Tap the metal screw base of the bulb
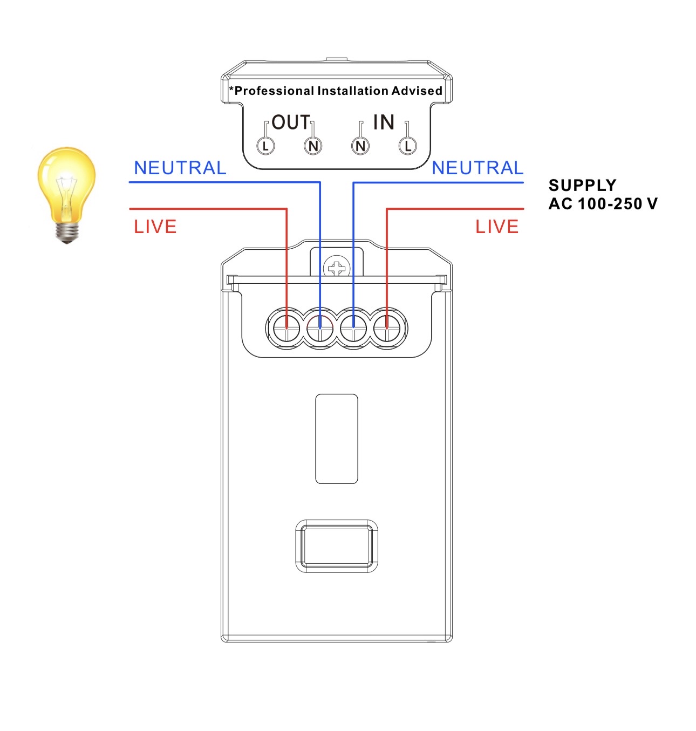[x=67, y=232]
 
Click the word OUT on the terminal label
[x=290, y=122]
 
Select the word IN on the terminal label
[x=384, y=122]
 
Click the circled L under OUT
[x=265, y=146]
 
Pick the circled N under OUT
[x=313, y=146]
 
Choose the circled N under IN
[x=360, y=146]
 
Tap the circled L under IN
[x=408, y=146]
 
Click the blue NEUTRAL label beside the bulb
[x=180, y=168]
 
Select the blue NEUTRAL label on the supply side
[x=477, y=168]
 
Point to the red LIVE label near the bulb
[x=155, y=227]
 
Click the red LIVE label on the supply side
[x=497, y=227]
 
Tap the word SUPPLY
[x=583, y=185]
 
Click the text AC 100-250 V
[x=603, y=204]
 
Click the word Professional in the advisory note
[x=271, y=91]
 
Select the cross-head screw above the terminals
[x=337, y=268]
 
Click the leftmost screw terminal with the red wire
[x=286, y=329]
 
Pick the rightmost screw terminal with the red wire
[x=387, y=329]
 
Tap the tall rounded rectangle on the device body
[x=337, y=439]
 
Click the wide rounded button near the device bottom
[x=337, y=546]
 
